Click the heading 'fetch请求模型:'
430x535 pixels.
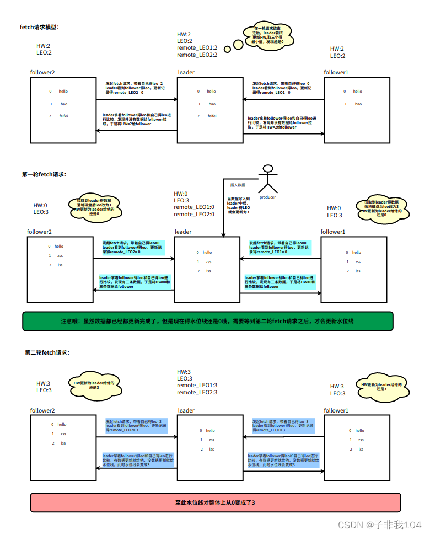click(39, 27)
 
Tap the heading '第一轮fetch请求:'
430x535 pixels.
click(44, 174)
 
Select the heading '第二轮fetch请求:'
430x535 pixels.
click(47, 352)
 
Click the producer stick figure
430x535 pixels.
click(268, 179)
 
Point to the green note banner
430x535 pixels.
click(208, 321)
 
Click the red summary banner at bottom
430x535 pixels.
click(215, 502)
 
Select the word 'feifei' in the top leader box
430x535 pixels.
click(212, 116)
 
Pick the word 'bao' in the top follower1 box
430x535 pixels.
click(358, 104)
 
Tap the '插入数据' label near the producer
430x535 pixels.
click(238, 185)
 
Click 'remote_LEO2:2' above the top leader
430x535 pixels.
click(197, 55)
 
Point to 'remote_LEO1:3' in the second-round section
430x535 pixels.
click(197, 385)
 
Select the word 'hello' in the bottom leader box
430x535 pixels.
click(210, 430)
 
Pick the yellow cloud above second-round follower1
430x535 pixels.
click(380, 386)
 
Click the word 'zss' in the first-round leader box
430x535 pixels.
click(208, 261)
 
